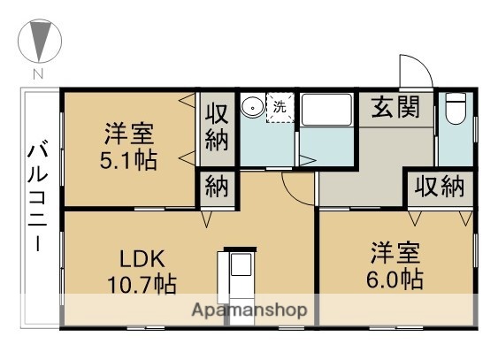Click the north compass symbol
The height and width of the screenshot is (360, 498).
pyautogui.click(x=38, y=41)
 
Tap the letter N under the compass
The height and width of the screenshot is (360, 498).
pyautogui.click(x=38, y=73)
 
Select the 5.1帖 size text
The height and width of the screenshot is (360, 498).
pyautogui.click(x=129, y=163)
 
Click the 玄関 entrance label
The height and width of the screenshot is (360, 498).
pyautogui.click(x=395, y=110)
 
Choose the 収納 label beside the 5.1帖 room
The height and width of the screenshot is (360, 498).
pyautogui.click(x=217, y=126)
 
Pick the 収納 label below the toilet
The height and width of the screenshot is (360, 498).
pyautogui.click(x=441, y=187)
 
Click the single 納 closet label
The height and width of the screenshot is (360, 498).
pyautogui.click(x=217, y=188)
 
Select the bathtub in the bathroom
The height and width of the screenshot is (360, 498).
pyautogui.click(x=326, y=110)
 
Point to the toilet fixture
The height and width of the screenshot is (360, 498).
pyautogui.click(x=456, y=110)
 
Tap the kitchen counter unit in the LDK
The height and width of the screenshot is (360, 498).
pyautogui.click(x=240, y=279)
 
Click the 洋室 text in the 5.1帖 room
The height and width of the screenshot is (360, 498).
pyautogui.click(x=129, y=136)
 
